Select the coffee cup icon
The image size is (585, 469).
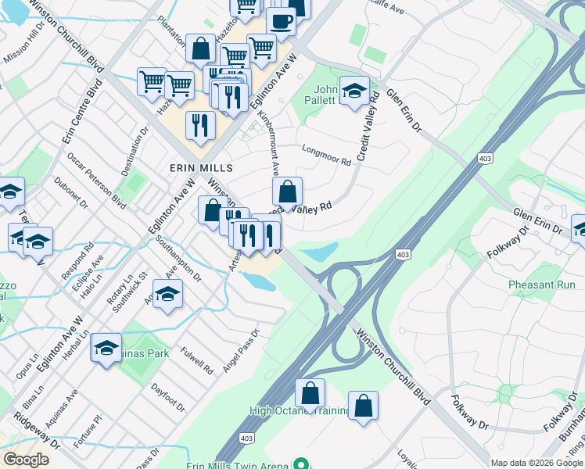pos(281,22)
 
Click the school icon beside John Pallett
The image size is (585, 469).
pos(354,91)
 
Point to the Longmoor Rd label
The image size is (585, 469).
pos(326,156)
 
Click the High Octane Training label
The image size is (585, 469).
pos(300,410)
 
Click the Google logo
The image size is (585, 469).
pos(26,460)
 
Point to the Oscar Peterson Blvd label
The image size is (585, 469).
pos(96,180)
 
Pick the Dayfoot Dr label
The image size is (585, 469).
pos(168,397)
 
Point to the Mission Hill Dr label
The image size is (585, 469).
pos(25,44)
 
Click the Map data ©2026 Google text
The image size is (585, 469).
pos(536,463)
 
